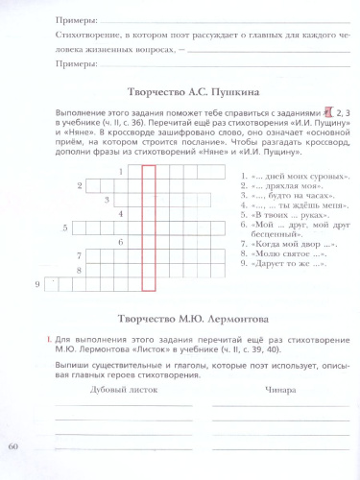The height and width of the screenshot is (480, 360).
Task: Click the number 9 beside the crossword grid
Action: [36, 284]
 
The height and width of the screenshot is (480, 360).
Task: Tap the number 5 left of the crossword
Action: [64, 228]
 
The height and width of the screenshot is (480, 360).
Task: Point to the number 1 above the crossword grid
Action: [120, 172]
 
